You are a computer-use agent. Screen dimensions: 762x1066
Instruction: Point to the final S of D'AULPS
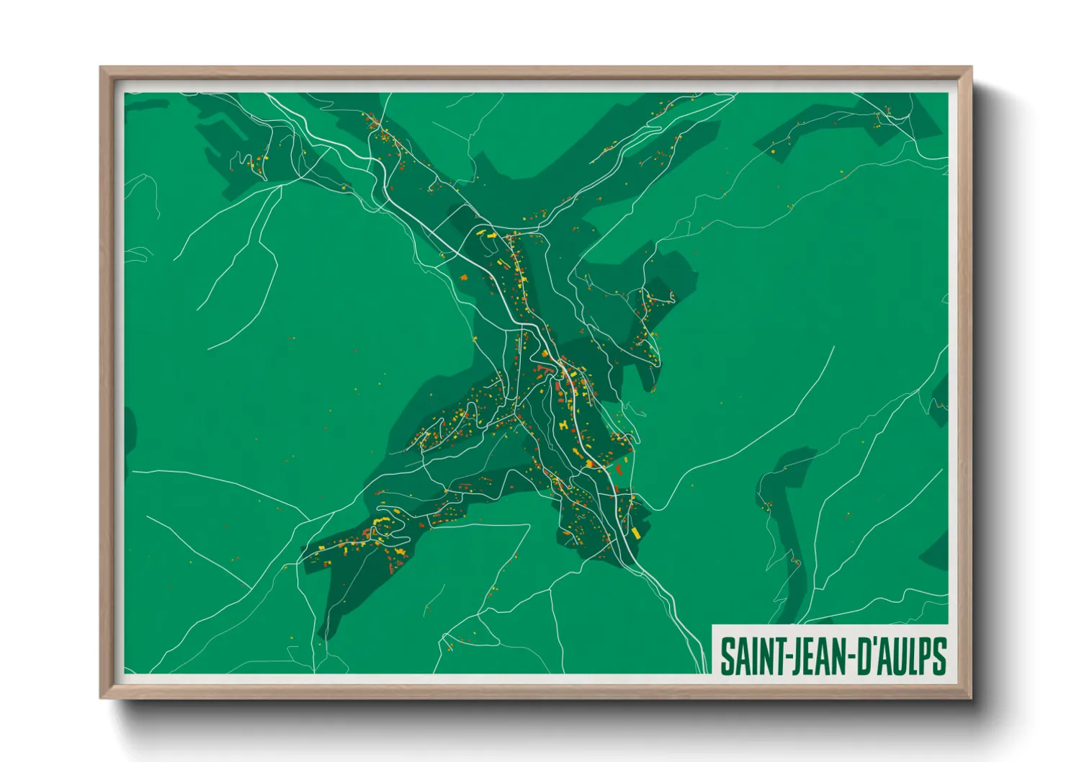[x=938, y=656]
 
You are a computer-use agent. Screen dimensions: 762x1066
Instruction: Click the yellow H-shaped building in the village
[x=563, y=426]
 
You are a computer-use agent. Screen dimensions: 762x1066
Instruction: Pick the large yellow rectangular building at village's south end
[x=636, y=532]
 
